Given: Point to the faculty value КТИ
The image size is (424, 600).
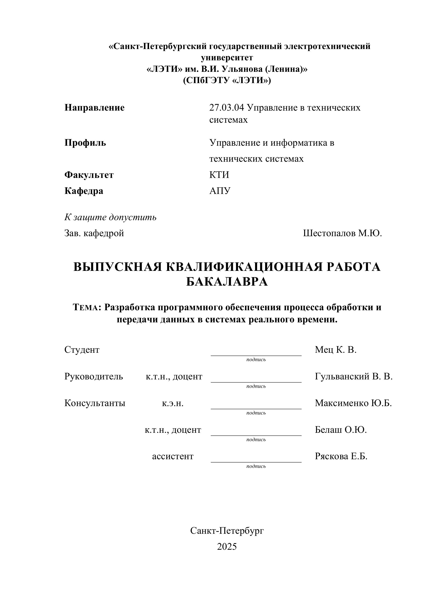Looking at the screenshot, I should (219, 175).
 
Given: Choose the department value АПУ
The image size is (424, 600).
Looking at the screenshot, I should (220, 191).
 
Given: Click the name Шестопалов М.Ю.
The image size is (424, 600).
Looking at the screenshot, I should (342, 233).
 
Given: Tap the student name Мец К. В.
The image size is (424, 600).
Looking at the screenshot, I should (335, 350).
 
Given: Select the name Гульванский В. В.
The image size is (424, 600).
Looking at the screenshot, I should (353, 376).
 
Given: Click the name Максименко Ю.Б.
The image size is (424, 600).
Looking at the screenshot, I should (353, 403).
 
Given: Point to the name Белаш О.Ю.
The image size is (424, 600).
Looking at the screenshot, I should (341, 430).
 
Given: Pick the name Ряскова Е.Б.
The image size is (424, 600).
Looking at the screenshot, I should (341, 456).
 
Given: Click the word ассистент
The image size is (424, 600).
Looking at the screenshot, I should (173, 456).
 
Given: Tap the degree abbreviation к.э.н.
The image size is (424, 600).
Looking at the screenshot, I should (173, 403).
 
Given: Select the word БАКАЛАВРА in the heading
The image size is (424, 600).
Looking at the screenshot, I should (227, 282).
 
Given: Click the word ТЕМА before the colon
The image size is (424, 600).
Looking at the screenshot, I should (86, 307).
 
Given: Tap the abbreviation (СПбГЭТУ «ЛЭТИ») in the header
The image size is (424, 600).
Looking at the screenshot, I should (227, 80).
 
